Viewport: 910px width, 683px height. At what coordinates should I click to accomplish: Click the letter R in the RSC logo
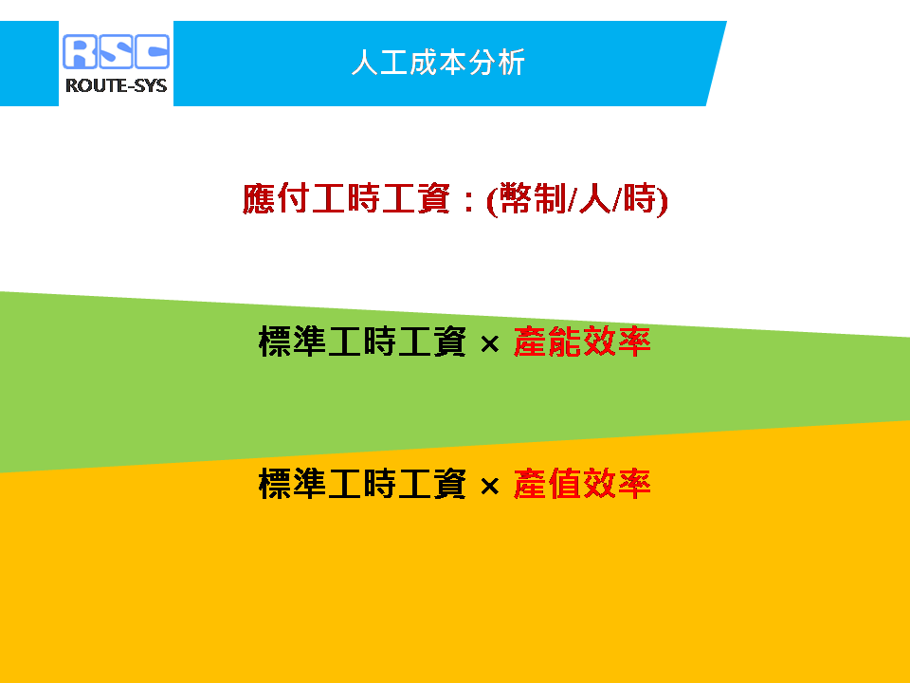[x=80, y=51]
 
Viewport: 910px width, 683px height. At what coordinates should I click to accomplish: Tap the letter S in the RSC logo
[x=116, y=51]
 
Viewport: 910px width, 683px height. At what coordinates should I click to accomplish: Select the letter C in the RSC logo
[x=152, y=51]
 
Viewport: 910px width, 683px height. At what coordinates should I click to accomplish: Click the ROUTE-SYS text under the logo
[x=116, y=86]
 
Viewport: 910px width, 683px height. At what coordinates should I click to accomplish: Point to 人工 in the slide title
[x=379, y=63]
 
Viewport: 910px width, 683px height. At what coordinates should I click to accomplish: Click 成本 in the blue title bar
[x=438, y=63]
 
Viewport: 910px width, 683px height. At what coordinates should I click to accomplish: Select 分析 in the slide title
[x=497, y=63]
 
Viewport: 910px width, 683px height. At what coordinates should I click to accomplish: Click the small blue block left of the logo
[x=29, y=64]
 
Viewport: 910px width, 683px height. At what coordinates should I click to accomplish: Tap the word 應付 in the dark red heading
[x=276, y=198]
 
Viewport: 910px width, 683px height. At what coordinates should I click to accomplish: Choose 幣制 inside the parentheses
[x=532, y=198]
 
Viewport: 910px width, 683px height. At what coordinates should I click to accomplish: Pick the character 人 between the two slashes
[x=595, y=198]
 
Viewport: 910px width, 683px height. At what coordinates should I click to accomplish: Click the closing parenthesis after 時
[x=663, y=201]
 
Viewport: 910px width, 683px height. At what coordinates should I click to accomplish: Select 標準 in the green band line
[x=293, y=341]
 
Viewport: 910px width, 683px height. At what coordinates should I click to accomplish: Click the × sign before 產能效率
[x=490, y=343]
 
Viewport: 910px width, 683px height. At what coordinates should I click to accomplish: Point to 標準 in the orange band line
[x=293, y=484]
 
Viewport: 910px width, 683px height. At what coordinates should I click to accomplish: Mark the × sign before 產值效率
[x=490, y=487]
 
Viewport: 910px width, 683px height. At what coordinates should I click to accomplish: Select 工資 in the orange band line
[x=432, y=484]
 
